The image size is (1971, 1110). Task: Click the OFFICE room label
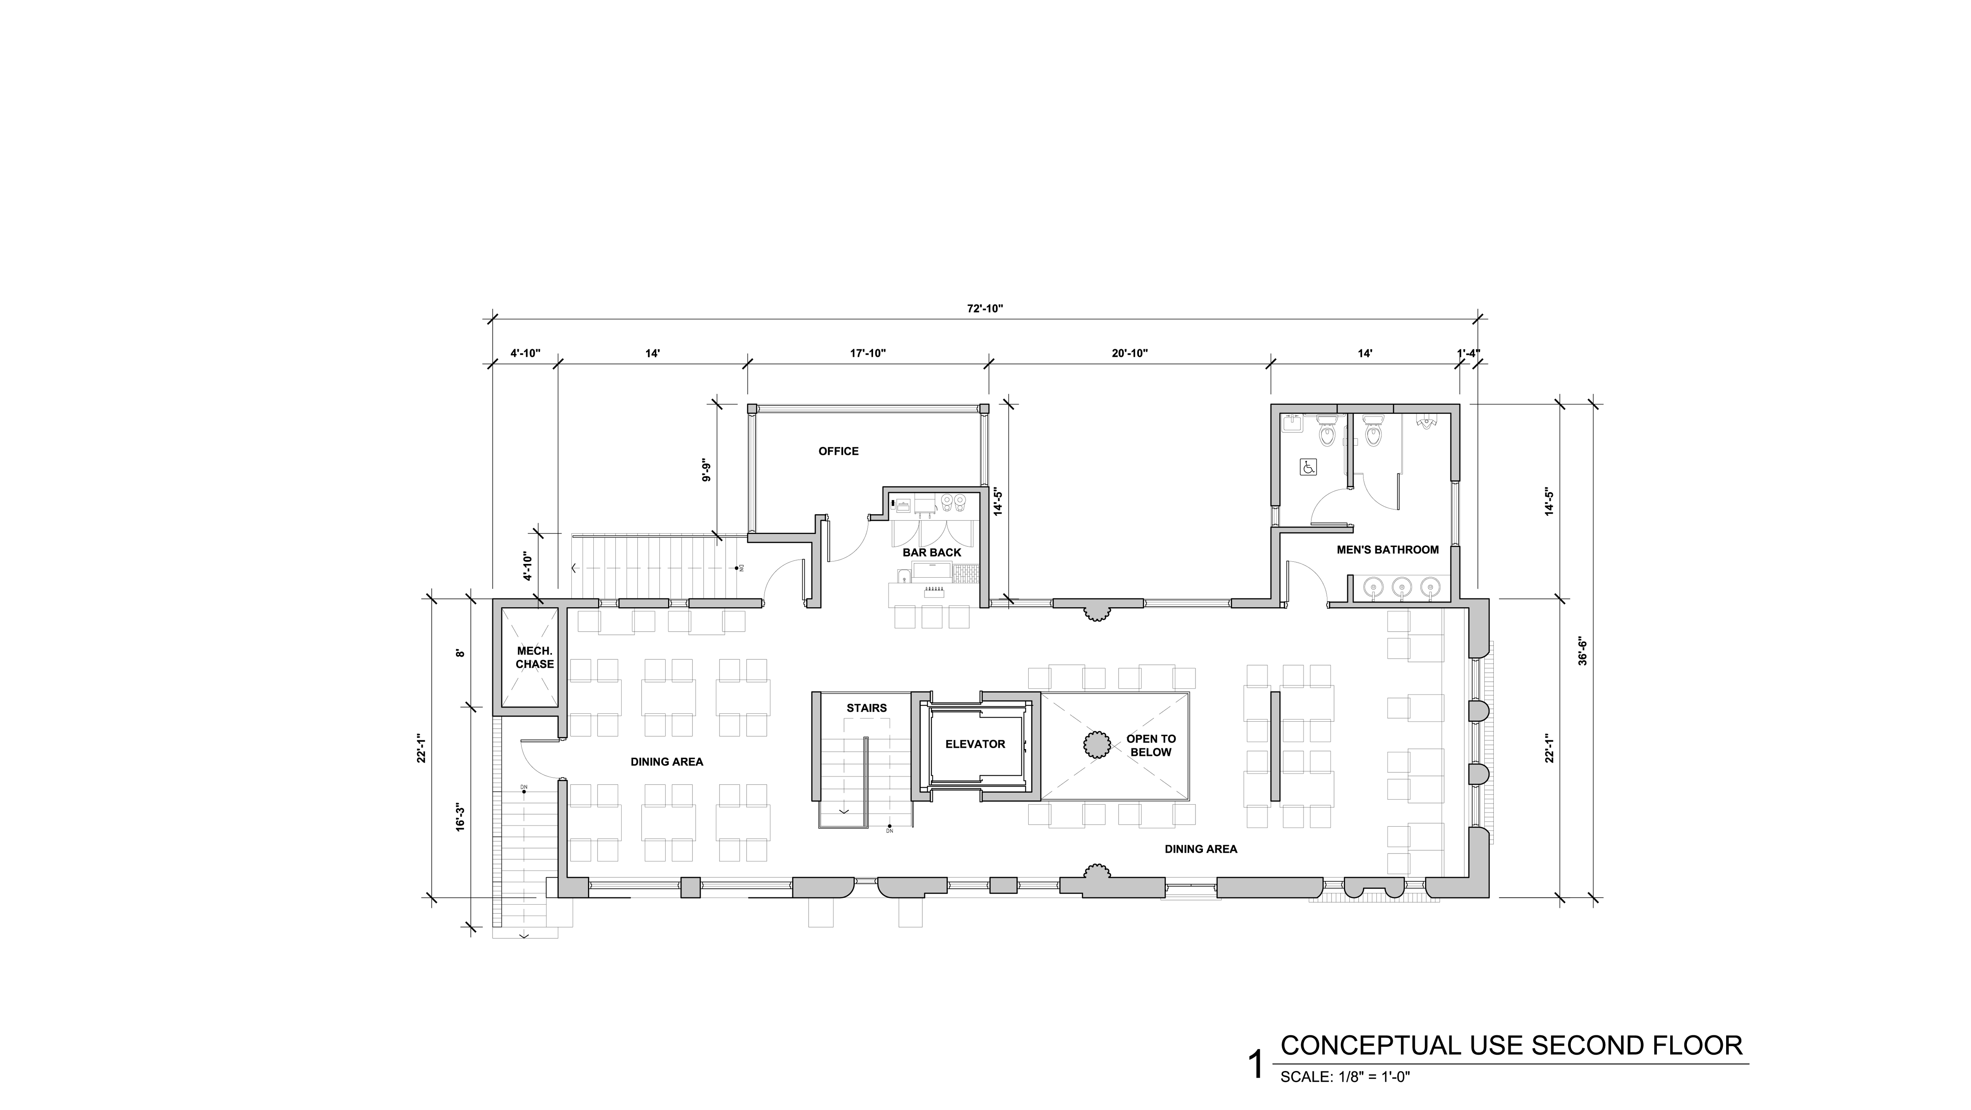[839, 451]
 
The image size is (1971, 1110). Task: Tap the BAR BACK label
[932, 552]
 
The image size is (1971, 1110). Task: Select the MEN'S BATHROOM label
[1388, 549]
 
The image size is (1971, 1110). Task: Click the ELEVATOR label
[976, 744]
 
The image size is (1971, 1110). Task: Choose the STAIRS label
[867, 708]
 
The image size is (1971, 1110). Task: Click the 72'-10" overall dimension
[985, 308]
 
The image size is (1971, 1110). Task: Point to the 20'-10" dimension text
[1130, 354]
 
